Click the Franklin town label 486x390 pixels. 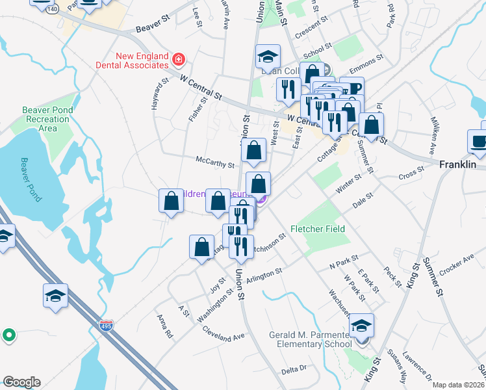[459, 165]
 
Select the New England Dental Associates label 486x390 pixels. [141, 61]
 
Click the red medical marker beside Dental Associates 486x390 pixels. [178, 61]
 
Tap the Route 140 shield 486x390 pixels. [53, 10]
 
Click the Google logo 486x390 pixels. [21, 382]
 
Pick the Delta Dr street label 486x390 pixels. [294, 369]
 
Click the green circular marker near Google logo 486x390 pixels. [8, 335]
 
